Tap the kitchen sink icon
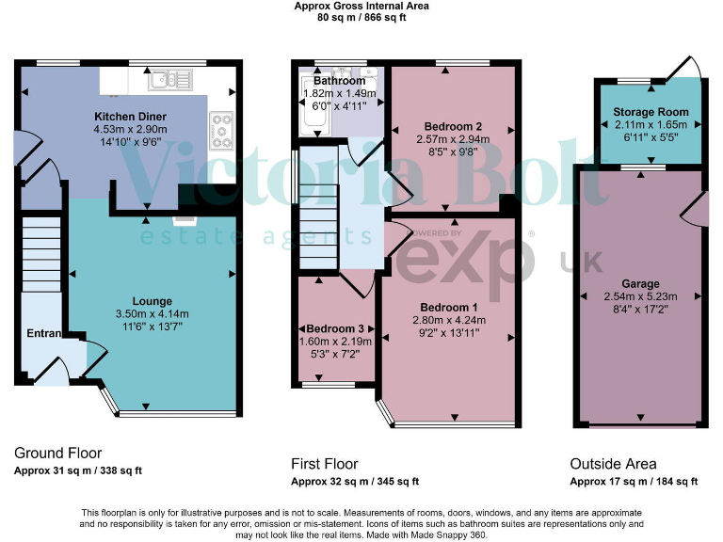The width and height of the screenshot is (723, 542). point(175,79)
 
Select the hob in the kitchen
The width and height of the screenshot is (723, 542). point(222,130)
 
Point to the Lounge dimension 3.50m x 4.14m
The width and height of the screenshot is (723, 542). point(152,313)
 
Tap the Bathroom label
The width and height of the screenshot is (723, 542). point(339,81)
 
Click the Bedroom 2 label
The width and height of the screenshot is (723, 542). point(453,126)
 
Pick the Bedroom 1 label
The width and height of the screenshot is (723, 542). point(449,307)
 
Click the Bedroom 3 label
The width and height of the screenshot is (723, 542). point(335,327)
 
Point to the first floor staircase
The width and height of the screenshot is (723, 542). point(318,226)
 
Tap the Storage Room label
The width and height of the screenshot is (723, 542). point(651,111)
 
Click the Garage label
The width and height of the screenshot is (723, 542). point(640,283)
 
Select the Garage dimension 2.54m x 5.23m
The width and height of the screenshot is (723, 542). point(640,296)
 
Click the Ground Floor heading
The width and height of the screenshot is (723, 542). point(58,454)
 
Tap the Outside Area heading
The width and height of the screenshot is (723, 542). point(613,464)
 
